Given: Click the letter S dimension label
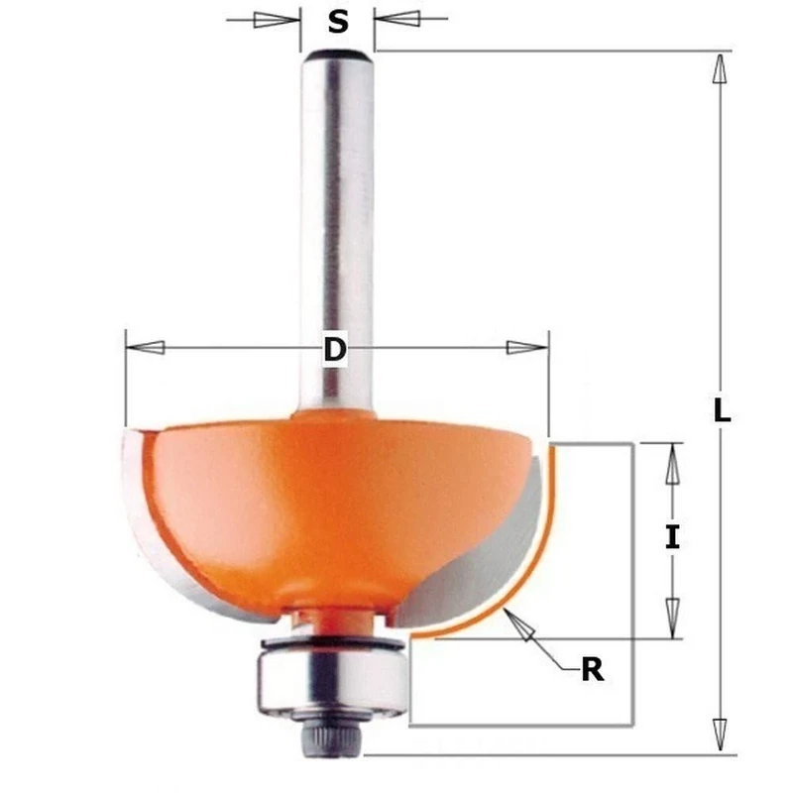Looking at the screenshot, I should coord(338,21).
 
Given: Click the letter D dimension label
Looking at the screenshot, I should coord(337,350).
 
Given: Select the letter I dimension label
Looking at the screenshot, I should coord(673,537).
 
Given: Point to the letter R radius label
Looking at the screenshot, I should coord(592,671).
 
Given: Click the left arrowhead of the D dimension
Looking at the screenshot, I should coord(147,347).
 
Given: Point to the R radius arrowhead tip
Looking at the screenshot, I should coord(510,618).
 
